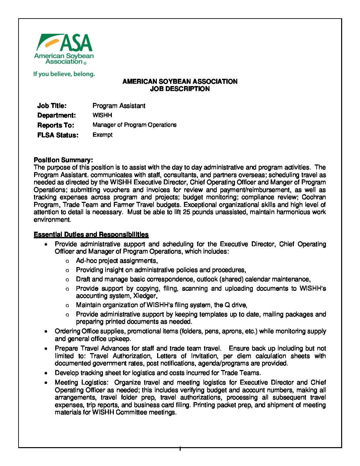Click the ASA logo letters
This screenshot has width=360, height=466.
76,43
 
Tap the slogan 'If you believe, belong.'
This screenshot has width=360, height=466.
64,74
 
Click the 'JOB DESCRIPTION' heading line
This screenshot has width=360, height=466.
180,89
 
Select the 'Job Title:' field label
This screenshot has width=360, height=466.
52,106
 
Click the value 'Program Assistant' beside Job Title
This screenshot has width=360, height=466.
119,106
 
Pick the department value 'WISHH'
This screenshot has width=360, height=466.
102,115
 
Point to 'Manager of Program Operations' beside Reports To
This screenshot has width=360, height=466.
134,125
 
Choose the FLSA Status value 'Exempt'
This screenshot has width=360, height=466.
103,135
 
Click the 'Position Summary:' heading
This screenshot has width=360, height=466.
63,160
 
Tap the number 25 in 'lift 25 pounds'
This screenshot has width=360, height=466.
186,212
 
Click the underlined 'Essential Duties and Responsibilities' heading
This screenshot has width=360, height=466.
91,235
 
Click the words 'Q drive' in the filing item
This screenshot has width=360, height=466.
235,305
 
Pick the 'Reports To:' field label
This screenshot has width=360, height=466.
56,125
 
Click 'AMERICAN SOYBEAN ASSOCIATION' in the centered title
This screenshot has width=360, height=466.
180,81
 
